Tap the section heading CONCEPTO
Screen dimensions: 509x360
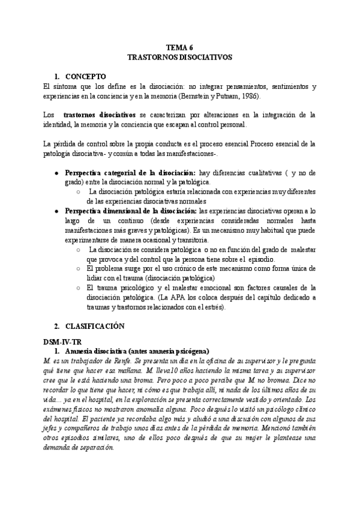click(x=85, y=77)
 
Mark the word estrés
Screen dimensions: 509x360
click(x=212, y=307)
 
